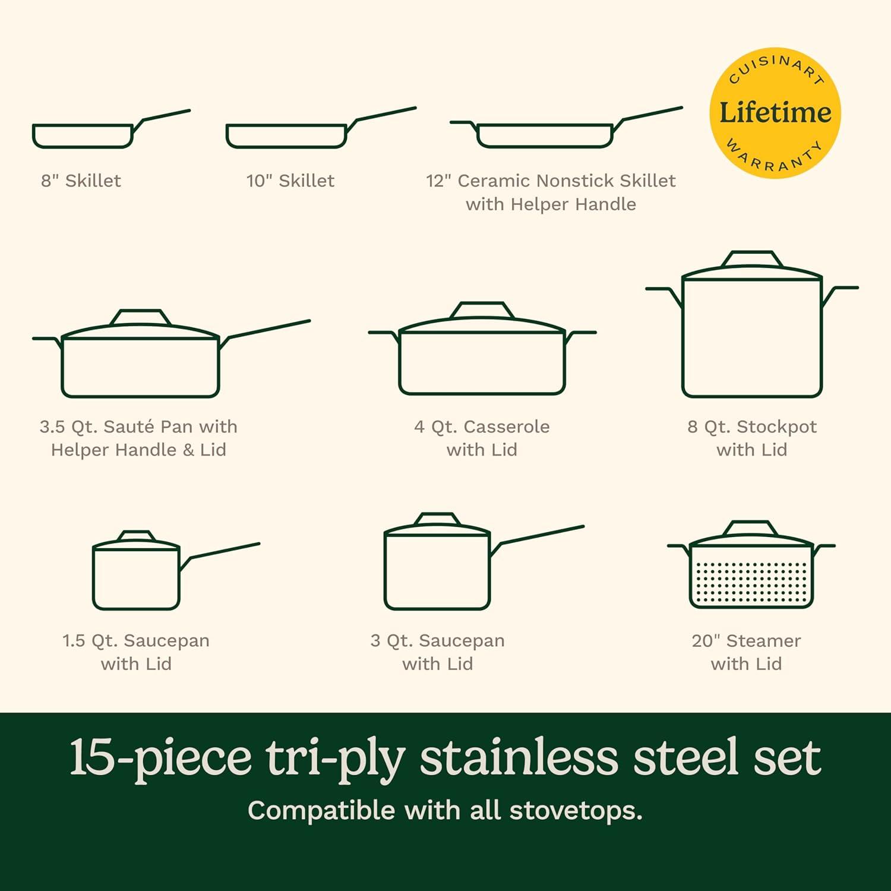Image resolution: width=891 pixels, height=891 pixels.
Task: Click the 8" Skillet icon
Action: coord(83,135)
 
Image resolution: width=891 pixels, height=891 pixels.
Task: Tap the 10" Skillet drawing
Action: coord(286,135)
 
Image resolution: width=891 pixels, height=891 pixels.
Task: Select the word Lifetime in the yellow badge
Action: coord(775,112)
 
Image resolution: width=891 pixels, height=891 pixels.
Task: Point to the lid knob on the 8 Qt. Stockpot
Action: coord(751,260)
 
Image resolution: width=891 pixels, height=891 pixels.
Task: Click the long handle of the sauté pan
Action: coord(267,330)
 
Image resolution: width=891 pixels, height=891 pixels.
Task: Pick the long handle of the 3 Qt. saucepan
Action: coord(541,535)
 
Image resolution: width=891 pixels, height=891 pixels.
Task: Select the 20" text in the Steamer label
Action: coord(706,641)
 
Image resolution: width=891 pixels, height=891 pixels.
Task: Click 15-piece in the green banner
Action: coord(160,758)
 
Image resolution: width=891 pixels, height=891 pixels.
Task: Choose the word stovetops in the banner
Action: coord(575,811)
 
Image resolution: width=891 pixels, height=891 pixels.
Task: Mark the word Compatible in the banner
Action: coord(321,811)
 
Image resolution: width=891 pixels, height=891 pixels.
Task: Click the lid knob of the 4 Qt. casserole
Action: coord(482,310)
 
